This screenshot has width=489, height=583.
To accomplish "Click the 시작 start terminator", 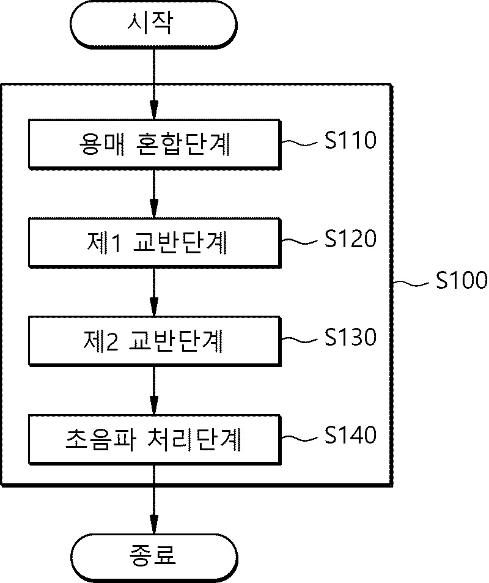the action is click(153, 24).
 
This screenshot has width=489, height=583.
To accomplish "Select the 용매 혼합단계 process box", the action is click(155, 144).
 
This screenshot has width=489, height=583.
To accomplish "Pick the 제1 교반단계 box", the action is click(155, 243).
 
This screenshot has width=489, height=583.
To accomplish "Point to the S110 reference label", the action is click(350, 140).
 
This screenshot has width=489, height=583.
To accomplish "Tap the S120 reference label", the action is click(350, 239).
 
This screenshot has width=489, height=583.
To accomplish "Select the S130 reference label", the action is click(350, 337).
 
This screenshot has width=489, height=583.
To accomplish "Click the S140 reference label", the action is click(350, 435).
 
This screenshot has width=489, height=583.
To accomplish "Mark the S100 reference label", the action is click(461, 280).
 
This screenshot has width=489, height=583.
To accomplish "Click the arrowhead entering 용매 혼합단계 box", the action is click(154, 110).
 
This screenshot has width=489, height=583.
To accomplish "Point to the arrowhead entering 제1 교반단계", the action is click(154, 209).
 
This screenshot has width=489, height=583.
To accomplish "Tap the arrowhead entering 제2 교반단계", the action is click(154, 307).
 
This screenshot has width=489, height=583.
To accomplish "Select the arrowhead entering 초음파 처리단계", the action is click(154, 406).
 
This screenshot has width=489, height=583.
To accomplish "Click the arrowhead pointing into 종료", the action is click(154, 525).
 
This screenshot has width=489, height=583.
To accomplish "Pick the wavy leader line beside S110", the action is click(300, 143).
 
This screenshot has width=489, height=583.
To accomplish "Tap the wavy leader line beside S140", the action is click(300, 438).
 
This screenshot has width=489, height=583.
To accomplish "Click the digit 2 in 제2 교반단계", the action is click(112, 342).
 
